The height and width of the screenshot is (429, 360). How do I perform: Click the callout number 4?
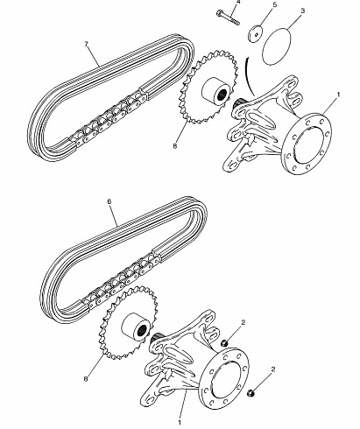pos(238,2)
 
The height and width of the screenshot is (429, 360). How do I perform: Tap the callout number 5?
pos(274,5)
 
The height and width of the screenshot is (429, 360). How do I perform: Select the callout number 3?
pos(303,11)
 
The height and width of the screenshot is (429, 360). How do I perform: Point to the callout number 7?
pos(86,45)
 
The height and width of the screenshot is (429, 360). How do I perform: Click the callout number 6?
pos(109,201)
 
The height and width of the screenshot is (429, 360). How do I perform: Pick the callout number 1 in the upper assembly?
pos(338,95)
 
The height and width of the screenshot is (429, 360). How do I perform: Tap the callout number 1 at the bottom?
pos(180,422)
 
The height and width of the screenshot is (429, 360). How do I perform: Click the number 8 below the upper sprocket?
pos(175,146)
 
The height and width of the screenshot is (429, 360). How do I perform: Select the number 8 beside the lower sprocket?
pos(86,379)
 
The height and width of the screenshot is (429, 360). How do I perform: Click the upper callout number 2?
pos(244,322)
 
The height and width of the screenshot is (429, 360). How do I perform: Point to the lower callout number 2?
pos(273,369)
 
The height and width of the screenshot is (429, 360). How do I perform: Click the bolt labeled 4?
pos(228,18)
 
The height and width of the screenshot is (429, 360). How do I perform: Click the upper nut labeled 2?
pos(224,343)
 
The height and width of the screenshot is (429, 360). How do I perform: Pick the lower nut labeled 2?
pos(251,393)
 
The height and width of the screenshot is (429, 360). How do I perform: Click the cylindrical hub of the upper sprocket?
pos(215,91)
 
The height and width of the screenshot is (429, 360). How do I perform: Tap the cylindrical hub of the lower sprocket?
pos(137,327)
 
